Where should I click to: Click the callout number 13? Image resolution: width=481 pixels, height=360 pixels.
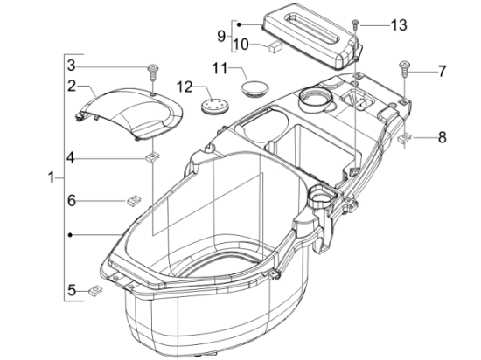coord(399,25)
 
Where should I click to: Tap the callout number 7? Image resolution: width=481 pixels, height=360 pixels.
coord(442,72)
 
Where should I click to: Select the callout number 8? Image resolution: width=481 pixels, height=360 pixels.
coord(442,137)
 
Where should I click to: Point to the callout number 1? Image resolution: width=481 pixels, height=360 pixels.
coord(52,177)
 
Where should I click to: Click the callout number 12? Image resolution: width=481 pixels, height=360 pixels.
coord(185,87)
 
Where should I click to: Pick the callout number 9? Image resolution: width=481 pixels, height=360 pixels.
coord(221,37)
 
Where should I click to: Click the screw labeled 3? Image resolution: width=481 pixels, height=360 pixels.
coord(153,71)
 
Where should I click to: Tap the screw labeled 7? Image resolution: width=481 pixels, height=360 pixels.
coord(404,69)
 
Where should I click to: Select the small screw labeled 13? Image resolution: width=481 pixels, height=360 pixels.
coord(356,24)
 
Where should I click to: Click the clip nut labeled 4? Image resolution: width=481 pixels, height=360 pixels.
coord(152,158)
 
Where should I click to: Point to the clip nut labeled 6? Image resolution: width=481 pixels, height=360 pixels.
coord(134,201)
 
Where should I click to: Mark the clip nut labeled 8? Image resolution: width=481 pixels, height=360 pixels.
coord(405,137)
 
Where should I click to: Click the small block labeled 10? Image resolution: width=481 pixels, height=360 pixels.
coord(275,47)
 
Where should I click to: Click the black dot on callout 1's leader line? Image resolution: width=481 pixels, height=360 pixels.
coord(70,235)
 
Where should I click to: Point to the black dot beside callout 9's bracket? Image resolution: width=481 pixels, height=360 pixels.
coord(240,24)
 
